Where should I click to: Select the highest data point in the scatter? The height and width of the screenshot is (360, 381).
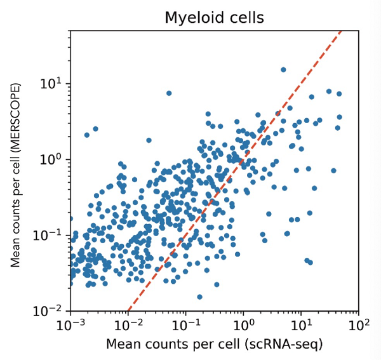283,70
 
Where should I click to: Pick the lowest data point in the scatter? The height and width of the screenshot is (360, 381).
199,297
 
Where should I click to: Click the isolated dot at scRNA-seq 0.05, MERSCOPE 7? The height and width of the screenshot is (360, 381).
169,93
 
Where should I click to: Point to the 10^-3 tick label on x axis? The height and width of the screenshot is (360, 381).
70,326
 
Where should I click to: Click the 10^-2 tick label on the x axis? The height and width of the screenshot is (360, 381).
128,326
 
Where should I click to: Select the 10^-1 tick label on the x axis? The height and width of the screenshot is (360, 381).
185,326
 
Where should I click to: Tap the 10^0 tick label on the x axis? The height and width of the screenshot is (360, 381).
243,326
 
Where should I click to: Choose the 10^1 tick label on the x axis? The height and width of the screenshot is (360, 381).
301,326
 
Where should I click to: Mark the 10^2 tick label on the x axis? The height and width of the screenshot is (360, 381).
358,326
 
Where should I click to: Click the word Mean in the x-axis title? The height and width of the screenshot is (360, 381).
121,345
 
